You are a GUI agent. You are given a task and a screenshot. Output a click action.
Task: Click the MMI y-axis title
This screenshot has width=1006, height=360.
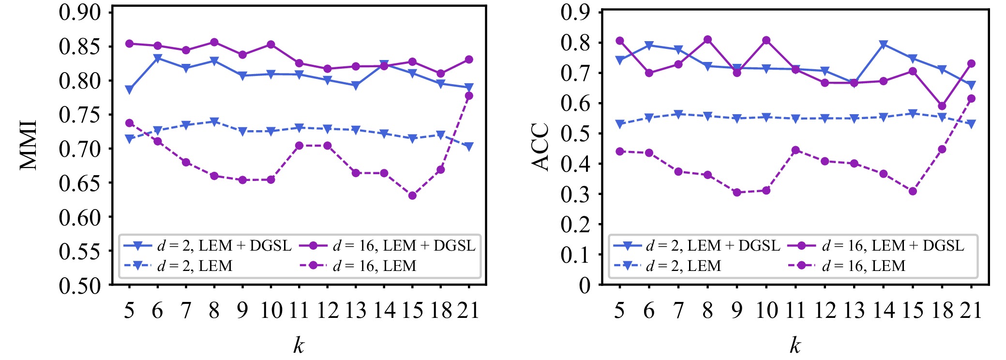pos(29,145)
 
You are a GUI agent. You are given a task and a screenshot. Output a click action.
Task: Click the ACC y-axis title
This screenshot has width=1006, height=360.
pos(540,147)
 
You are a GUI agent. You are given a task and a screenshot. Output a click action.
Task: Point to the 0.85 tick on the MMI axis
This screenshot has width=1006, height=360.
pos(79,47)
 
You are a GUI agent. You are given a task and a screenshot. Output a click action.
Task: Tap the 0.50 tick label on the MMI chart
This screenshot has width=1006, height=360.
pos(79,285)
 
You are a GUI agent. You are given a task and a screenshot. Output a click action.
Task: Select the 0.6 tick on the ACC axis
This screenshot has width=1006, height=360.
pos(575,103)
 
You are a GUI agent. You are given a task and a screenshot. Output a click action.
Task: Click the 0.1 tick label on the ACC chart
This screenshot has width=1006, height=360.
pos(575,255)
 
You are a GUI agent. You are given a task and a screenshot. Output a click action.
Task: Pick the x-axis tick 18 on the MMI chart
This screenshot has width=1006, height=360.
pos(441,310)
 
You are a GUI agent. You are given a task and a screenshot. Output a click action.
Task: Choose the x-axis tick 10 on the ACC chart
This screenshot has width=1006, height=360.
pos(766,310)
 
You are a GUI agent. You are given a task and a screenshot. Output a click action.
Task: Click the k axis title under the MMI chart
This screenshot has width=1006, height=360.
pos(299,345)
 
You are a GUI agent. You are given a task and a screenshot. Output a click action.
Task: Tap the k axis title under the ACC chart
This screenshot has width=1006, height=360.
pos(795,345)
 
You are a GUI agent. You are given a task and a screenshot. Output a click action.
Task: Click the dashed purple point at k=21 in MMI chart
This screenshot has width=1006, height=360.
pos(469,96)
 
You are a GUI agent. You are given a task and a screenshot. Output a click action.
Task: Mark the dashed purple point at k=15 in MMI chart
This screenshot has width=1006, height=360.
pos(412,195)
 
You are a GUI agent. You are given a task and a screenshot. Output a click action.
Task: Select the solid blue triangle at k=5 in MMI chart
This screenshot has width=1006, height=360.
pos(129,90)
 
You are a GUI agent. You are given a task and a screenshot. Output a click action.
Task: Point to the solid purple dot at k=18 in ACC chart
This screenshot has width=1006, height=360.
pos(942,106)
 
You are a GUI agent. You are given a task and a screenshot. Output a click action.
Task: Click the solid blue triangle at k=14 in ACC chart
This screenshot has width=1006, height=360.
pos(884,45)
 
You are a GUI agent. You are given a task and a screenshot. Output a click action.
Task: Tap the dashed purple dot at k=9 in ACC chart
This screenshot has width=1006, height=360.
pos(737,193)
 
